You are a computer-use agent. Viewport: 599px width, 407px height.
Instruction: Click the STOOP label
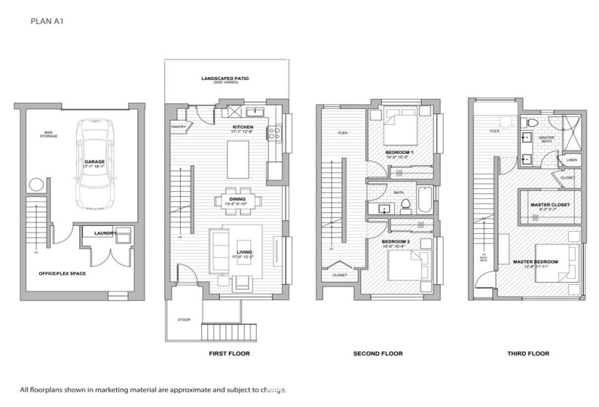point(184,319)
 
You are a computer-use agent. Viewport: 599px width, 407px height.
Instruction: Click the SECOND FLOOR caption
point(377,354)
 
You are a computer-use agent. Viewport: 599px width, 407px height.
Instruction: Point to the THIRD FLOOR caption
point(527,354)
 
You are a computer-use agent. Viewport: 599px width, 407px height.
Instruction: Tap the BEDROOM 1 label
point(399,152)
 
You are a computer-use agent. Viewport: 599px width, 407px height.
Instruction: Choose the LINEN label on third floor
point(571,160)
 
